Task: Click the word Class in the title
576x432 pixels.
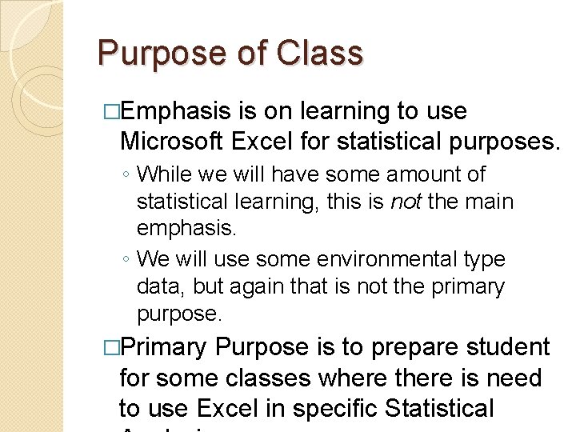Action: pos(320,54)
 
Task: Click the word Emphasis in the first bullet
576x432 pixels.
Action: pos(183,111)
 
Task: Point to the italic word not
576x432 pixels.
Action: pos(406,202)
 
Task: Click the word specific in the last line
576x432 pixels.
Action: pos(336,408)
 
